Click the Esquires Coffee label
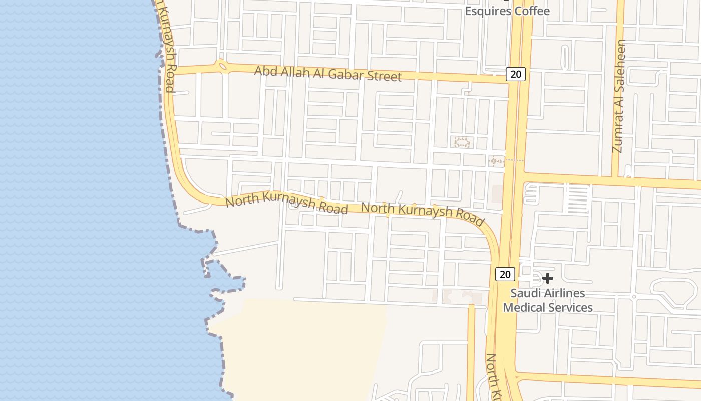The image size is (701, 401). click(x=507, y=11)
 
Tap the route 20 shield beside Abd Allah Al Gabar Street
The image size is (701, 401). click(x=515, y=74)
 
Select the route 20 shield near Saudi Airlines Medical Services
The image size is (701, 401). click(x=505, y=274)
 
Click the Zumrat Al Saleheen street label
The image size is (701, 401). click(x=619, y=96)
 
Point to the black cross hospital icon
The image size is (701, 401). click(x=548, y=278)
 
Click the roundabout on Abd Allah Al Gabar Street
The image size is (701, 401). click(x=221, y=66)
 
